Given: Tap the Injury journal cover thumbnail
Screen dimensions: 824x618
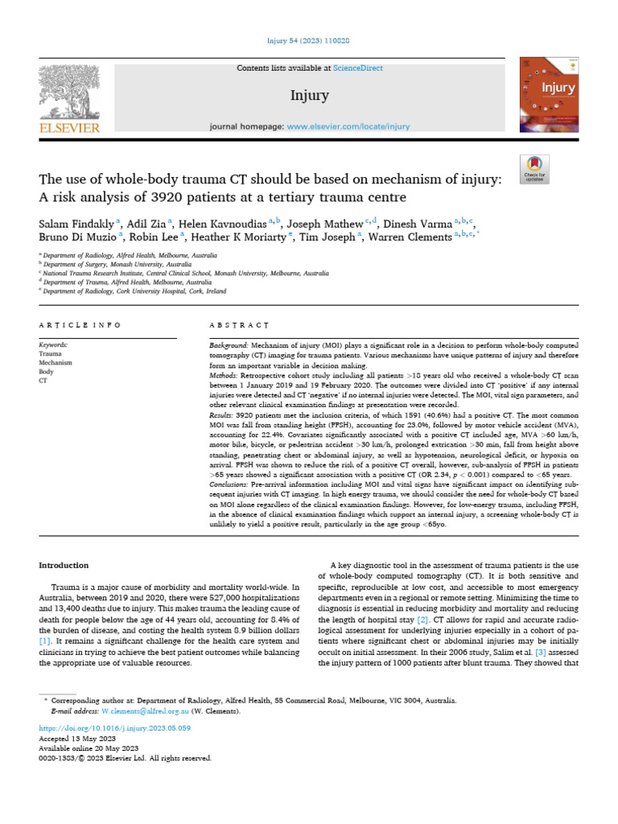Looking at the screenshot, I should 549,94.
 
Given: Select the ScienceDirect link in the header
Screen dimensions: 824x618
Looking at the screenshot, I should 359,68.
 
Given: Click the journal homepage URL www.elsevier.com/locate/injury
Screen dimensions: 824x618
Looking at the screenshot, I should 348,126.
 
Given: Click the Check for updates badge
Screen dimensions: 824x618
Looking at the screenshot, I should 534,168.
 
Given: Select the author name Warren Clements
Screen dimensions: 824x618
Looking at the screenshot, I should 410,237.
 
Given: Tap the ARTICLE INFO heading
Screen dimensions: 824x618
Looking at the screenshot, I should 80,325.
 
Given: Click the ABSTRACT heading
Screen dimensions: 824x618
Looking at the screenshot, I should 238,325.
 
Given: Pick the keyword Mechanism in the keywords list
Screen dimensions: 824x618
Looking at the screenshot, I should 56,363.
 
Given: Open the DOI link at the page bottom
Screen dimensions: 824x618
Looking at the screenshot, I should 114,727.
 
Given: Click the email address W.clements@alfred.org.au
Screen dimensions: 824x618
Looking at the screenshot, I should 146,712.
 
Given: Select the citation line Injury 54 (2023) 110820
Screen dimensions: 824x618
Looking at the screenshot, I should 308,41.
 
